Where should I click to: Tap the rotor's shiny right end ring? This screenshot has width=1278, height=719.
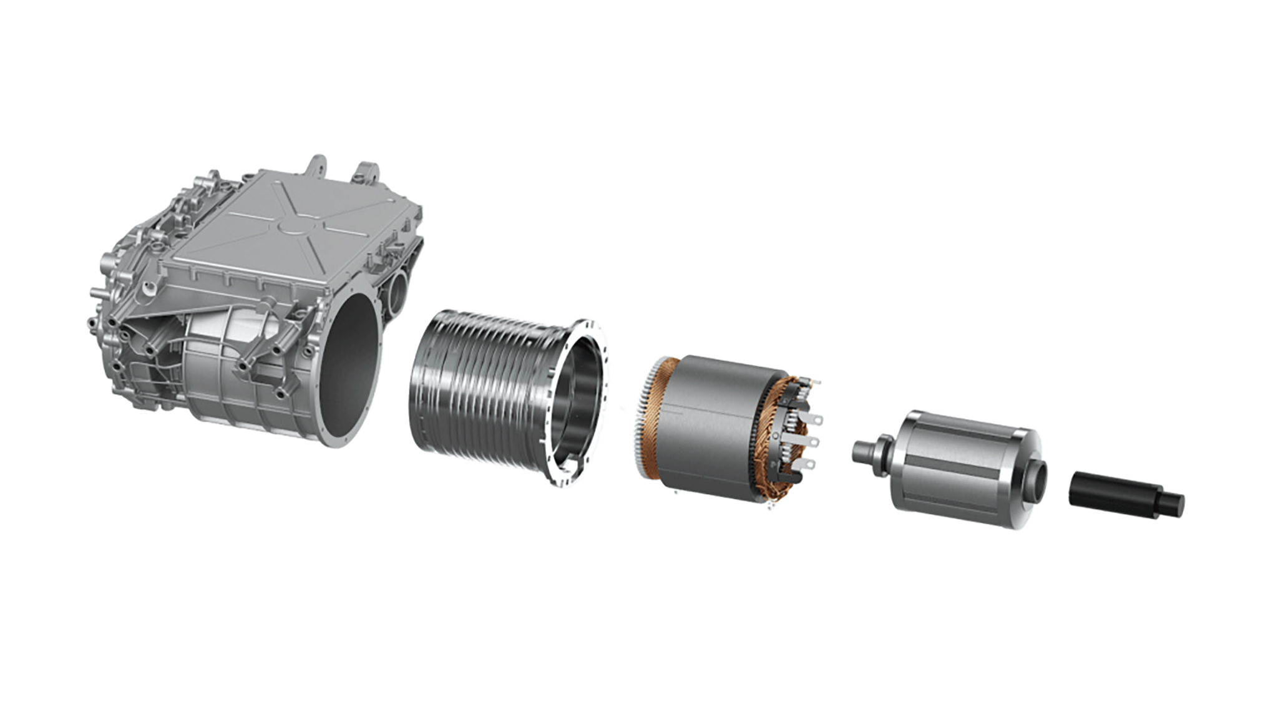[1023, 474]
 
